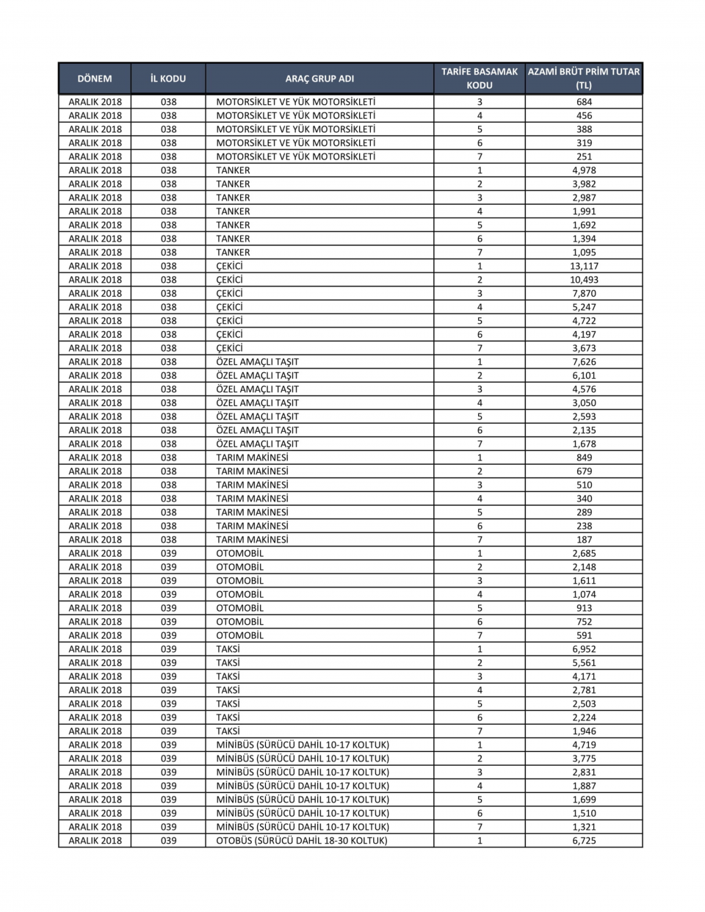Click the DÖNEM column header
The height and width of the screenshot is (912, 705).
[x=95, y=79]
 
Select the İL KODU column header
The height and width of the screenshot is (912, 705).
[x=168, y=79]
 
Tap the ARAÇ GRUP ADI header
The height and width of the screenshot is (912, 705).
[x=319, y=79]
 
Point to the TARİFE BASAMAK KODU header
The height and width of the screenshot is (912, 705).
[x=480, y=79]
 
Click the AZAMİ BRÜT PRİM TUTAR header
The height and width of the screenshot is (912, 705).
[x=584, y=79]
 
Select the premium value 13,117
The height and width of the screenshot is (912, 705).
[x=584, y=266]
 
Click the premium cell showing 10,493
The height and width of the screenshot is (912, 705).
[x=584, y=280]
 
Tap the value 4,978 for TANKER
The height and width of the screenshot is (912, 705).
[x=584, y=170]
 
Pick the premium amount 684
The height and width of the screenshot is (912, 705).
[x=584, y=102]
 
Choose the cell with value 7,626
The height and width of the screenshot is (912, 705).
[x=584, y=362]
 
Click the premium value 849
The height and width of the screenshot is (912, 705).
[x=584, y=457]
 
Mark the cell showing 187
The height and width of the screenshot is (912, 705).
[x=584, y=540]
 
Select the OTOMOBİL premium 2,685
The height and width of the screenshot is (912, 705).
[x=584, y=553]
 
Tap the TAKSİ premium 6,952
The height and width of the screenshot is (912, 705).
[x=584, y=649]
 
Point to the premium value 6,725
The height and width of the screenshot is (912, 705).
[x=584, y=841]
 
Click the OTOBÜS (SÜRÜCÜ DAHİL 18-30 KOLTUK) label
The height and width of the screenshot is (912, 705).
[x=302, y=841]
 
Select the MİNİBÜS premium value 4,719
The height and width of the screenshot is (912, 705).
[x=584, y=745]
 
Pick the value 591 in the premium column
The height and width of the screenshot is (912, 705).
[x=584, y=635]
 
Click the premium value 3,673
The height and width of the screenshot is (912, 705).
[x=584, y=348]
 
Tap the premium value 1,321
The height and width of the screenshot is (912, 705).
[x=584, y=827]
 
